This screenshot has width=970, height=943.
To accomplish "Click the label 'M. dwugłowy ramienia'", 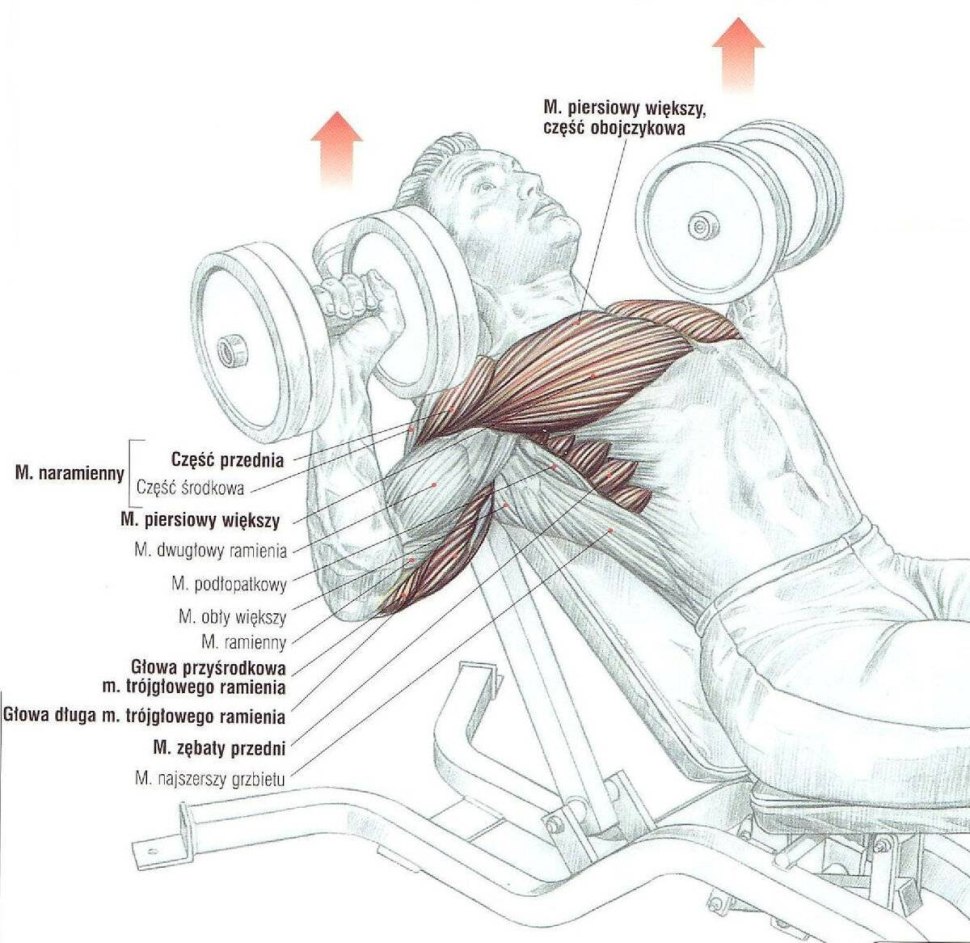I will (211, 550).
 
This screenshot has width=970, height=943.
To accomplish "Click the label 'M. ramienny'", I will (244, 640).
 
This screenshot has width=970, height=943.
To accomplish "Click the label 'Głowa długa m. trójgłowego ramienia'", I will (145, 716).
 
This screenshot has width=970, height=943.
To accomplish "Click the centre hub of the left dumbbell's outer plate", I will (233, 349).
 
